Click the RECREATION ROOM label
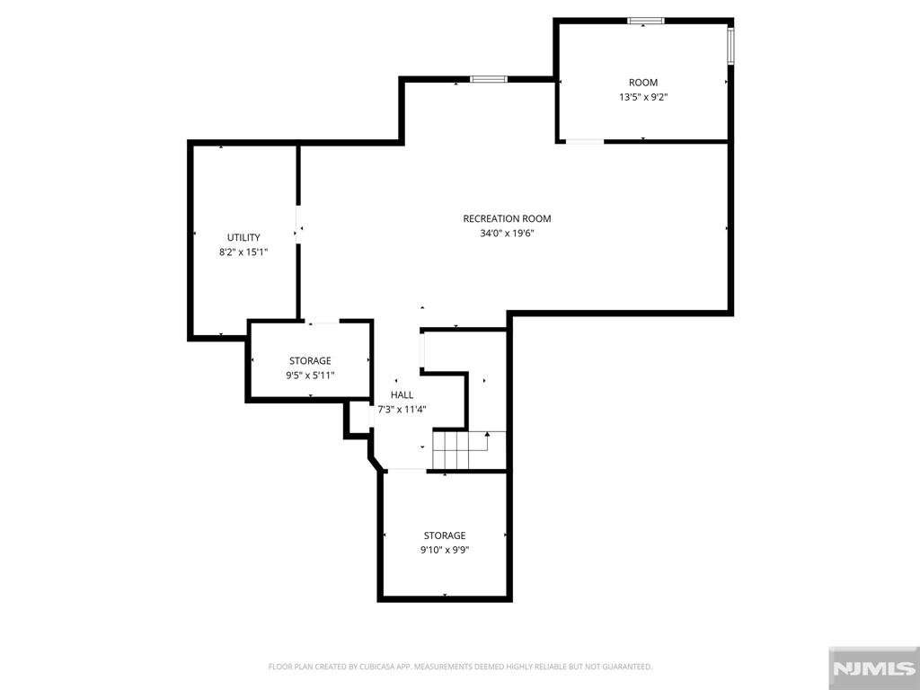point(507,218)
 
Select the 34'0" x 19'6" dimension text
point(507,233)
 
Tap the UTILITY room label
point(243,237)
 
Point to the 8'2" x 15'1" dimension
point(243,252)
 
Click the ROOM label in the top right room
point(643,83)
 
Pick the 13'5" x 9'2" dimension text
point(643,97)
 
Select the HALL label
point(402,394)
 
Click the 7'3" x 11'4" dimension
point(402,409)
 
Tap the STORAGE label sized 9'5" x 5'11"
point(310,361)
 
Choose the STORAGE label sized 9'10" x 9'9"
point(445,535)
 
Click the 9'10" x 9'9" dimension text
point(445,550)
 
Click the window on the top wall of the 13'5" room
point(645,21)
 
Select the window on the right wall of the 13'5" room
point(730,45)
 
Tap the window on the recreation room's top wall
point(489,80)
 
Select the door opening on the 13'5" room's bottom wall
point(584,140)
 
